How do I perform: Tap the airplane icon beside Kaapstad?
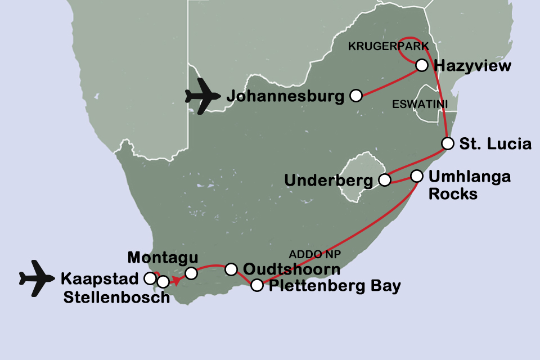pos(38,278)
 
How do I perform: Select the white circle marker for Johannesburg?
pos(355,96)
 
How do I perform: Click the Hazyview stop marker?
pos(421,66)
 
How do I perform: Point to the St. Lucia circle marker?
pos(448,143)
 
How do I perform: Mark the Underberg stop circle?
pos(385,180)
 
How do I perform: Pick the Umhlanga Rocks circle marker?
pos(417,176)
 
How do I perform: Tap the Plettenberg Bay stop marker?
pos(256,285)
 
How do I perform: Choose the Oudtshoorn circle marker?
pos(231,269)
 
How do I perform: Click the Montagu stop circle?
pos(191,273)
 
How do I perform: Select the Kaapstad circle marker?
pos(150,278)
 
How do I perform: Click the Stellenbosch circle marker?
pos(163,281)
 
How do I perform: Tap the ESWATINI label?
pos(413,105)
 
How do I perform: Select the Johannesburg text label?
pos(285,96)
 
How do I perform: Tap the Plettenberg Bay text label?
pos(335,286)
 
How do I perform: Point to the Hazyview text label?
pos(472,66)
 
